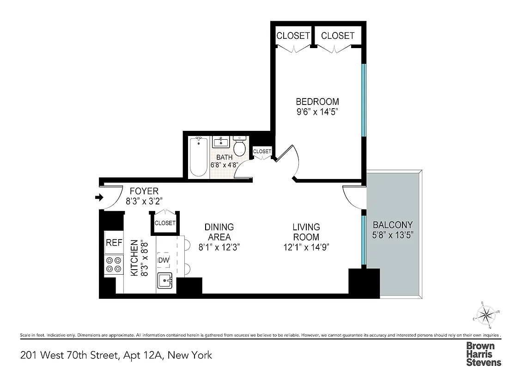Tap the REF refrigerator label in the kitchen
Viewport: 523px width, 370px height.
[x=114, y=242]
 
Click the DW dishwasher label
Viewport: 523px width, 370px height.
[x=163, y=261]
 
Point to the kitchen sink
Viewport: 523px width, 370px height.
[x=165, y=280]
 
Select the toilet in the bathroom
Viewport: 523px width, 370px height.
[x=239, y=146]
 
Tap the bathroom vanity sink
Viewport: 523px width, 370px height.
[x=221, y=141]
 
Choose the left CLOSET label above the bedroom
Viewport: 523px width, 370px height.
[x=293, y=36]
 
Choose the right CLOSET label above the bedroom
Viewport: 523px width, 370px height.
[x=338, y=36]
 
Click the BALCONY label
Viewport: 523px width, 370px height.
[x=393, y=225]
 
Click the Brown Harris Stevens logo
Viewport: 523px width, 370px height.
[x=483, y=354]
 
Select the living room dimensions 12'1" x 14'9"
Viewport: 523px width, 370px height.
[x=306, y=247]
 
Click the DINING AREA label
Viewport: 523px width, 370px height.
[x=219, y=232]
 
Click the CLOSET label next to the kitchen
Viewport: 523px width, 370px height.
[x=165, y=223]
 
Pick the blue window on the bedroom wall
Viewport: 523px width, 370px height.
[x=364, y=99]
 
